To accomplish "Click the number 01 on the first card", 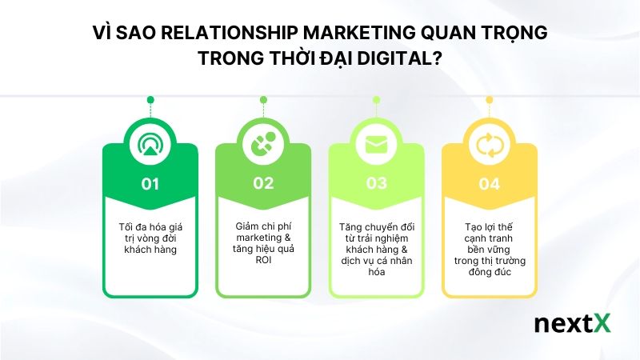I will pyautogui.click(x=150, y=184).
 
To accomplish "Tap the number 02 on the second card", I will pyautogui.click(x=263, y=184).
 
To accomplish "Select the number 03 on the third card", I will pyautogui.click(x=376, y=184).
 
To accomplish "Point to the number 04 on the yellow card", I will pyautogui.click(x=489, y=184).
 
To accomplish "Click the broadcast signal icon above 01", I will pyautogui.click(x=150, y=145).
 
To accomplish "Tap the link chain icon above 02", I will pyautogui.click(x=263, y=145).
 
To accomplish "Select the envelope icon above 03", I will pyautogui.click(x=376, y=145).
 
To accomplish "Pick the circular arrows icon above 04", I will pyautogui.click(x=489, y=145).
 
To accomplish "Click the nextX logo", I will pyautogui.click(x=571, y=324).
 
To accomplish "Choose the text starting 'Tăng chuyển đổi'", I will pyautogui.click(x=376, y=243).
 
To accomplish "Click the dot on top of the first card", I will pyautogui.click(x=150, y=100).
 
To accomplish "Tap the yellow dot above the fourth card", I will pyautogui.click(x=489, y=100).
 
